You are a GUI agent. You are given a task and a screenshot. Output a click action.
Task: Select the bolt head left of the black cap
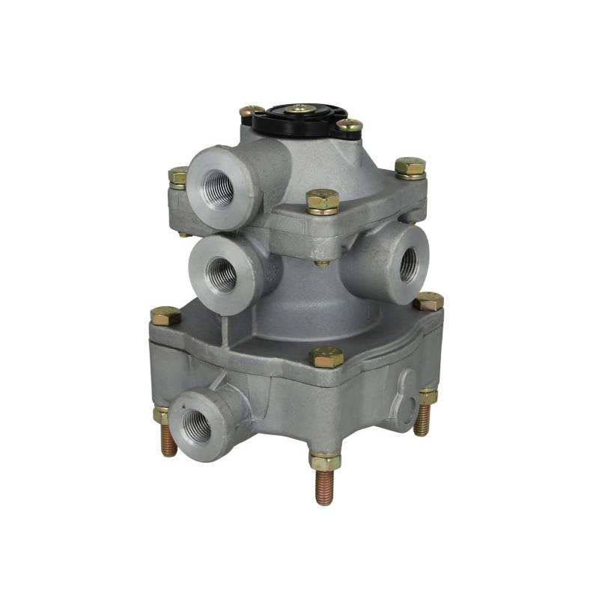(252, 112)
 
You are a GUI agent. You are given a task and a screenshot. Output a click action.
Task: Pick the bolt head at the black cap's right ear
(349, 126)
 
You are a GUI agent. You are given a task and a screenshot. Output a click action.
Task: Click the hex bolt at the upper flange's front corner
(322, 201)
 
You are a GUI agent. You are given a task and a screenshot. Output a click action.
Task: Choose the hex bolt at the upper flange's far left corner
(178, 177)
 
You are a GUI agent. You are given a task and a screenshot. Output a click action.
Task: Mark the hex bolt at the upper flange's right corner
(410, 167)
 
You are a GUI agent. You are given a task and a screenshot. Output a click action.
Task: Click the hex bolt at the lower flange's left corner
(165, 315)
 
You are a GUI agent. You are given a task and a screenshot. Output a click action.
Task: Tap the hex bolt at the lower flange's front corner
(326, 357)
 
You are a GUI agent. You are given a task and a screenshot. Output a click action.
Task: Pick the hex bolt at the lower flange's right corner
(428, 301)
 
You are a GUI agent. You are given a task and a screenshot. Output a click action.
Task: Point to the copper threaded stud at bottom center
(323, 487)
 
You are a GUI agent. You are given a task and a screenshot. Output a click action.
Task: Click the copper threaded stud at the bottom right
(424, 420)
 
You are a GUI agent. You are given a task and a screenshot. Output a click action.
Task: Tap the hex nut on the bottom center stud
(324, 461)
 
